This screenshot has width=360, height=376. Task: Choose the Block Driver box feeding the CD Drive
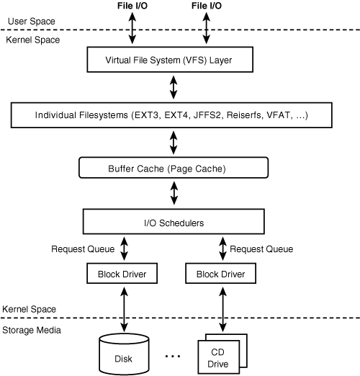220,274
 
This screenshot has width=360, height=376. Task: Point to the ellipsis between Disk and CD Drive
173,355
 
